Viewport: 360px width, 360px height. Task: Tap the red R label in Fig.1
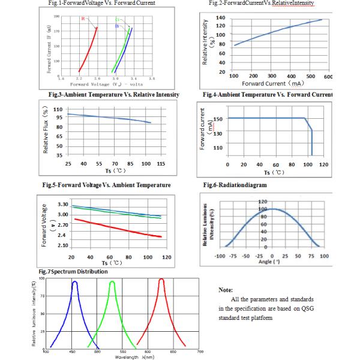[83, 19]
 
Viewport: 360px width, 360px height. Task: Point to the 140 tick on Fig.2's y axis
[220, 19]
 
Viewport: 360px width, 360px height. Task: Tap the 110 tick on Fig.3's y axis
[58, 109]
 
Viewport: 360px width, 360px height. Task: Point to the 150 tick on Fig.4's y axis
[218, 119]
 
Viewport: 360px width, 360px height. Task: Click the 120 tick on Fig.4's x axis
[323, 164]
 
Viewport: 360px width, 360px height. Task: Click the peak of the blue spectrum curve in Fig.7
[75, 281]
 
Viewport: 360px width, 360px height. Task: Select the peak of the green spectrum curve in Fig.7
[112, 281]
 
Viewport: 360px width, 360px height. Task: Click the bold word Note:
[226, 289]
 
